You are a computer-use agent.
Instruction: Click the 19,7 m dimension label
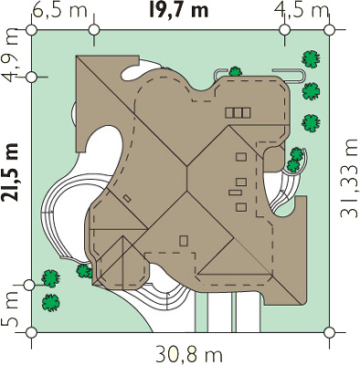click(x=179, y=10)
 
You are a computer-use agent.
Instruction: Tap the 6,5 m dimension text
click(x=59, y=10)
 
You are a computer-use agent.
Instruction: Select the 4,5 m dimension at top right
click(x=302, y=10)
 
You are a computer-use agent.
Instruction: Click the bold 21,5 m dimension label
click(x=9, y=172)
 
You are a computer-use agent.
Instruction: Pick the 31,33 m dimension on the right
click(x=349, y=179)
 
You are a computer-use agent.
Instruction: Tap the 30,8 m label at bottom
click(x=188, y=354)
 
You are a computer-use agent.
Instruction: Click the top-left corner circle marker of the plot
click(x=31, y=30)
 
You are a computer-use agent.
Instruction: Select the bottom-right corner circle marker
click(x=329, y=333)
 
